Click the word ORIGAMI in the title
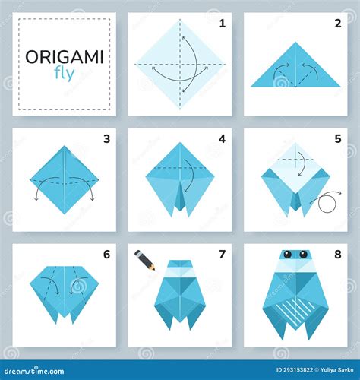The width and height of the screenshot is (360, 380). [x=65, y=57]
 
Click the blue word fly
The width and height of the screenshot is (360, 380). [x=65, y=74]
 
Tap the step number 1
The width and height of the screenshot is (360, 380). [x=222, y=24]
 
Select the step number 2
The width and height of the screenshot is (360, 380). [x=337, y=24]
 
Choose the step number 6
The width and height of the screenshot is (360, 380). [x=106, y=254]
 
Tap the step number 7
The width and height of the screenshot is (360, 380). [x=222, y=254]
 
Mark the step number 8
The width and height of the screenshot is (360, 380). [x=337, y=254]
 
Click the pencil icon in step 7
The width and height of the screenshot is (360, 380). [x=145, y=260]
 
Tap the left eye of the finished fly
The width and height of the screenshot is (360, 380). [x=288, y=255]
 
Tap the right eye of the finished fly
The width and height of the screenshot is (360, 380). [x=302, y=255]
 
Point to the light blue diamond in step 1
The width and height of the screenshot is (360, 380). [x=180, y=65]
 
